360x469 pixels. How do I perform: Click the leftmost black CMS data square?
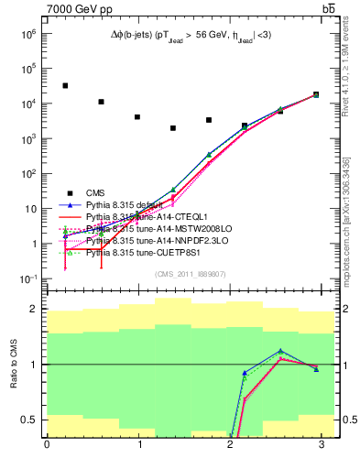(x=65, y=85)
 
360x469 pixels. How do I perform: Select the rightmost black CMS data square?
(x=316, y=94)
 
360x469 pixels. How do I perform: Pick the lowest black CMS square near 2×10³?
(x=173, y=128)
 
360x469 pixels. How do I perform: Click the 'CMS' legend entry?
(x=96, y=192)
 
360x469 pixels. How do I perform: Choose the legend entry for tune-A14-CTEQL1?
(x=137, y=216)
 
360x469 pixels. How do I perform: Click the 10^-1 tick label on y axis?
(x=29, y=278)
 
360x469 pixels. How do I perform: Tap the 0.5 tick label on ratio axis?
(x=29, y=420)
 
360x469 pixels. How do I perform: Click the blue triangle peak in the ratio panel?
(x=281, y=351)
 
